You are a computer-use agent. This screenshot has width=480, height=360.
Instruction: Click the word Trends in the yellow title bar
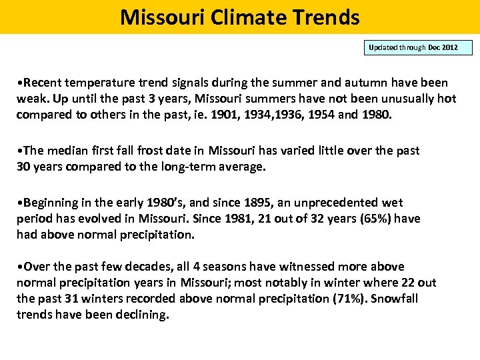click(x=327, y=17)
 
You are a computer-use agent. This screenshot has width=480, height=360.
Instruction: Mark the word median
click(x=67, y=151)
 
